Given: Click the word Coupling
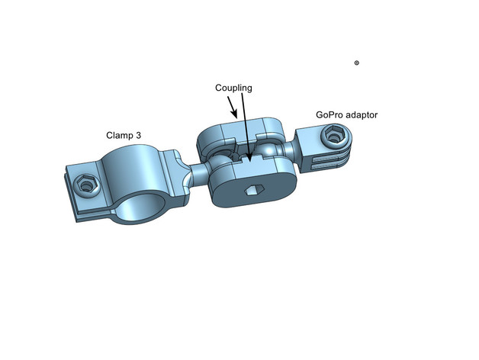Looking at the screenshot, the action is [233, 88].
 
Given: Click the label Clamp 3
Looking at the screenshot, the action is [124, 135].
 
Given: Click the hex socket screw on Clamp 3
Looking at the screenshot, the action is [86, 185].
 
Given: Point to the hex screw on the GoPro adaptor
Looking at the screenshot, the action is [334, 134].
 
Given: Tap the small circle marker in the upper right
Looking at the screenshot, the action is [356, 63].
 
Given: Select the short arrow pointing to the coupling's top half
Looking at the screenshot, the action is [232, 108].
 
